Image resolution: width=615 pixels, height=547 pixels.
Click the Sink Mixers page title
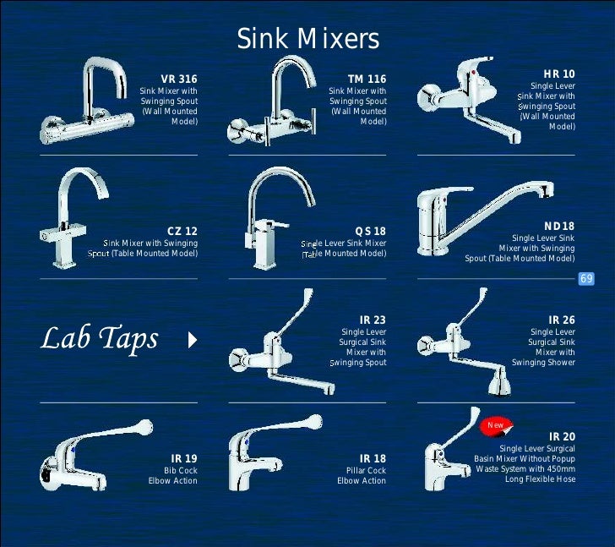pyautogui.click(x=307, y=39)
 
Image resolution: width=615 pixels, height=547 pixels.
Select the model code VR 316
pyautogui.click(x=179, y=79)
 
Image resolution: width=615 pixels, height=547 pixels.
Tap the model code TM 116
pyautogui.click(x=367, y=79)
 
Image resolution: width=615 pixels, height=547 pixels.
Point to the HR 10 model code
pyautogui.click(x=558, y=74)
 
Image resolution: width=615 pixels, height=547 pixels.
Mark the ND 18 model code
pyautogui.click(x=559, y=227)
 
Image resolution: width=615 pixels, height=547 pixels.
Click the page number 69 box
pyautogui.click(x=587, y=278)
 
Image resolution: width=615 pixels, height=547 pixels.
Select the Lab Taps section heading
pyautogui.click(x=100, y=339)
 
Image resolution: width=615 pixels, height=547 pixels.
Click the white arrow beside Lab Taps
pyautogui.click(x=193, y=341)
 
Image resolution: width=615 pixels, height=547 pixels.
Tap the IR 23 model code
pyautogui.click(x=372, y=320)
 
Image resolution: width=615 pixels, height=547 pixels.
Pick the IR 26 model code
pyautogui.click(x=561, y=320)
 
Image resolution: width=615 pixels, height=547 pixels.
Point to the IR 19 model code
pyautogui.click(x=183, y=458)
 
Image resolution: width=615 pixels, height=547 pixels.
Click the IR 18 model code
pyautogui.click(x=372, y=458)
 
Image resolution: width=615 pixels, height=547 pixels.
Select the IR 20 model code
pyautogui.click(x=561, y=435)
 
